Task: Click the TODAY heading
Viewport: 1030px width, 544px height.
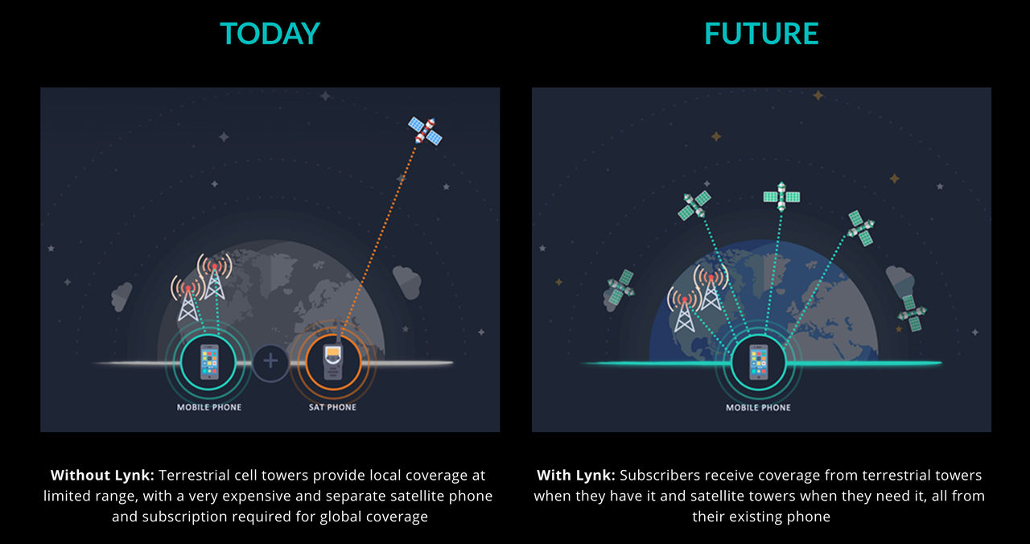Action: [270, 34]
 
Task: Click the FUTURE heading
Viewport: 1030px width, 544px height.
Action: [761, 34]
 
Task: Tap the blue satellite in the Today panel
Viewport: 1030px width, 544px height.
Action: [426, 130]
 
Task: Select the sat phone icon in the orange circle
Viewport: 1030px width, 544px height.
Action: [333, 361]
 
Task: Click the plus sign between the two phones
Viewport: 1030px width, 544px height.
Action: [270, 361]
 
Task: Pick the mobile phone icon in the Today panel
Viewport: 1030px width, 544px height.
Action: [208, 361]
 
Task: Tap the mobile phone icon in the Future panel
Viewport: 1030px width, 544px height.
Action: [758, 362]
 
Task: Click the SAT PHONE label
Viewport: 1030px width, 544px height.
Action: [332, 407]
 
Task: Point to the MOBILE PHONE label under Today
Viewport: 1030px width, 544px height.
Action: [209, 407]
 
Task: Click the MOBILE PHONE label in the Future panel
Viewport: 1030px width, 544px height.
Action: [758, 407]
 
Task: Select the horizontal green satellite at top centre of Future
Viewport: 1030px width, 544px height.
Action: [781, 197]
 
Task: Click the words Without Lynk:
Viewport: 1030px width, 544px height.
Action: [102, 475]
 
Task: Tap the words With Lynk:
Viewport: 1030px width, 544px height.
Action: [575, 475]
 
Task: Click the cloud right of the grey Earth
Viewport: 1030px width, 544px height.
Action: [406, 282]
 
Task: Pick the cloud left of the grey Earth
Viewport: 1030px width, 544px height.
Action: [122, 296]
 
